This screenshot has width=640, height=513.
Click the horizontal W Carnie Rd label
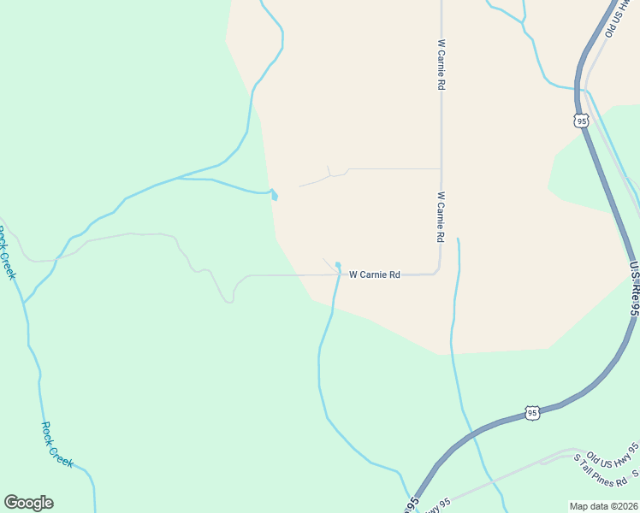click(375, 274)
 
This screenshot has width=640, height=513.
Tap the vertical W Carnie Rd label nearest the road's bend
click(441, 215)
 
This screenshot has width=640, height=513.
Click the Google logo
click(28, 503)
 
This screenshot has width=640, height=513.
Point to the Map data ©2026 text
click(603, 506)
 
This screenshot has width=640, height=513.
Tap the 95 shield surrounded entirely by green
click(532, 413)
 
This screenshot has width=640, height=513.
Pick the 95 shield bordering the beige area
click(582, 121)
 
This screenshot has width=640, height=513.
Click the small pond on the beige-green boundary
click(274, 196)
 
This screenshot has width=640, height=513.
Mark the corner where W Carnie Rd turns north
click(439, 270)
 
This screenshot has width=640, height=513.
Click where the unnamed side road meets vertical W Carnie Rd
click(441, 168)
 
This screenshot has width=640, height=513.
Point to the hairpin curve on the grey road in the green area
click(229, 299)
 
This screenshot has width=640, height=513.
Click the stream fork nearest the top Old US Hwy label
click(523, 20)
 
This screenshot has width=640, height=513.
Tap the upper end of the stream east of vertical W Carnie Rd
click(458, 239)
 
